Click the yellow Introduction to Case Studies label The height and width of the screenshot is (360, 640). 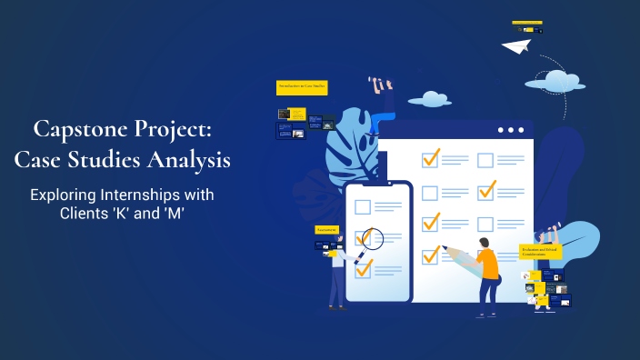tap(301, 87)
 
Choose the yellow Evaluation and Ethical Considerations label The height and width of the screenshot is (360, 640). tap(540, 251)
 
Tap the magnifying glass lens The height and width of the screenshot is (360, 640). tap(372, 238)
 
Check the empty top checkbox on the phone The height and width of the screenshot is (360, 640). tap(363, 206)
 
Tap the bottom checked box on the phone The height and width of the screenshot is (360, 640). tap(364, 268)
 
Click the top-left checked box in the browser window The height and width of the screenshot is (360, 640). tap(430, 158)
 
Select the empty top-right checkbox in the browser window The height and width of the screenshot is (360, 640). tap(485, 161)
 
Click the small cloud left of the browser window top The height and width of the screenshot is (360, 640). tap(429, 99)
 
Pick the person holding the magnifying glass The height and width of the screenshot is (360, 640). tap(338, 273)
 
